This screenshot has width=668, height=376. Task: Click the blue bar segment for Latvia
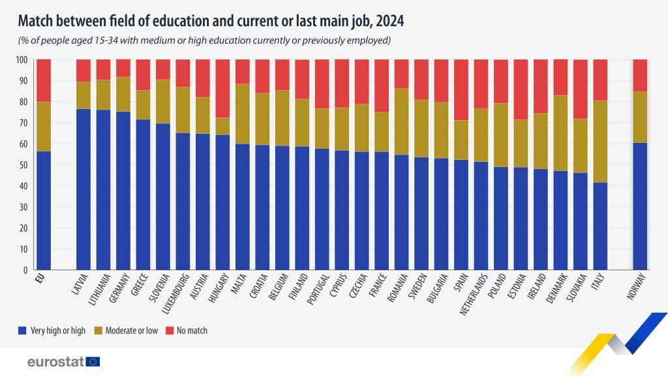tap(83, 189)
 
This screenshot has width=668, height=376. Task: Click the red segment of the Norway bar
tap(640, 75)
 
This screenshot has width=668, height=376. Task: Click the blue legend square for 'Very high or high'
tap(23, 330)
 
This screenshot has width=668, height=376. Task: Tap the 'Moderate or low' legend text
tap(133, 330)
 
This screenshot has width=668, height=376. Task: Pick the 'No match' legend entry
tap(187, 330)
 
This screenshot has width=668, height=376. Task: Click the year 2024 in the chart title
tap(389, 21)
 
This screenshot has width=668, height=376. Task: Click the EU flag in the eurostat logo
tap(93, 361)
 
